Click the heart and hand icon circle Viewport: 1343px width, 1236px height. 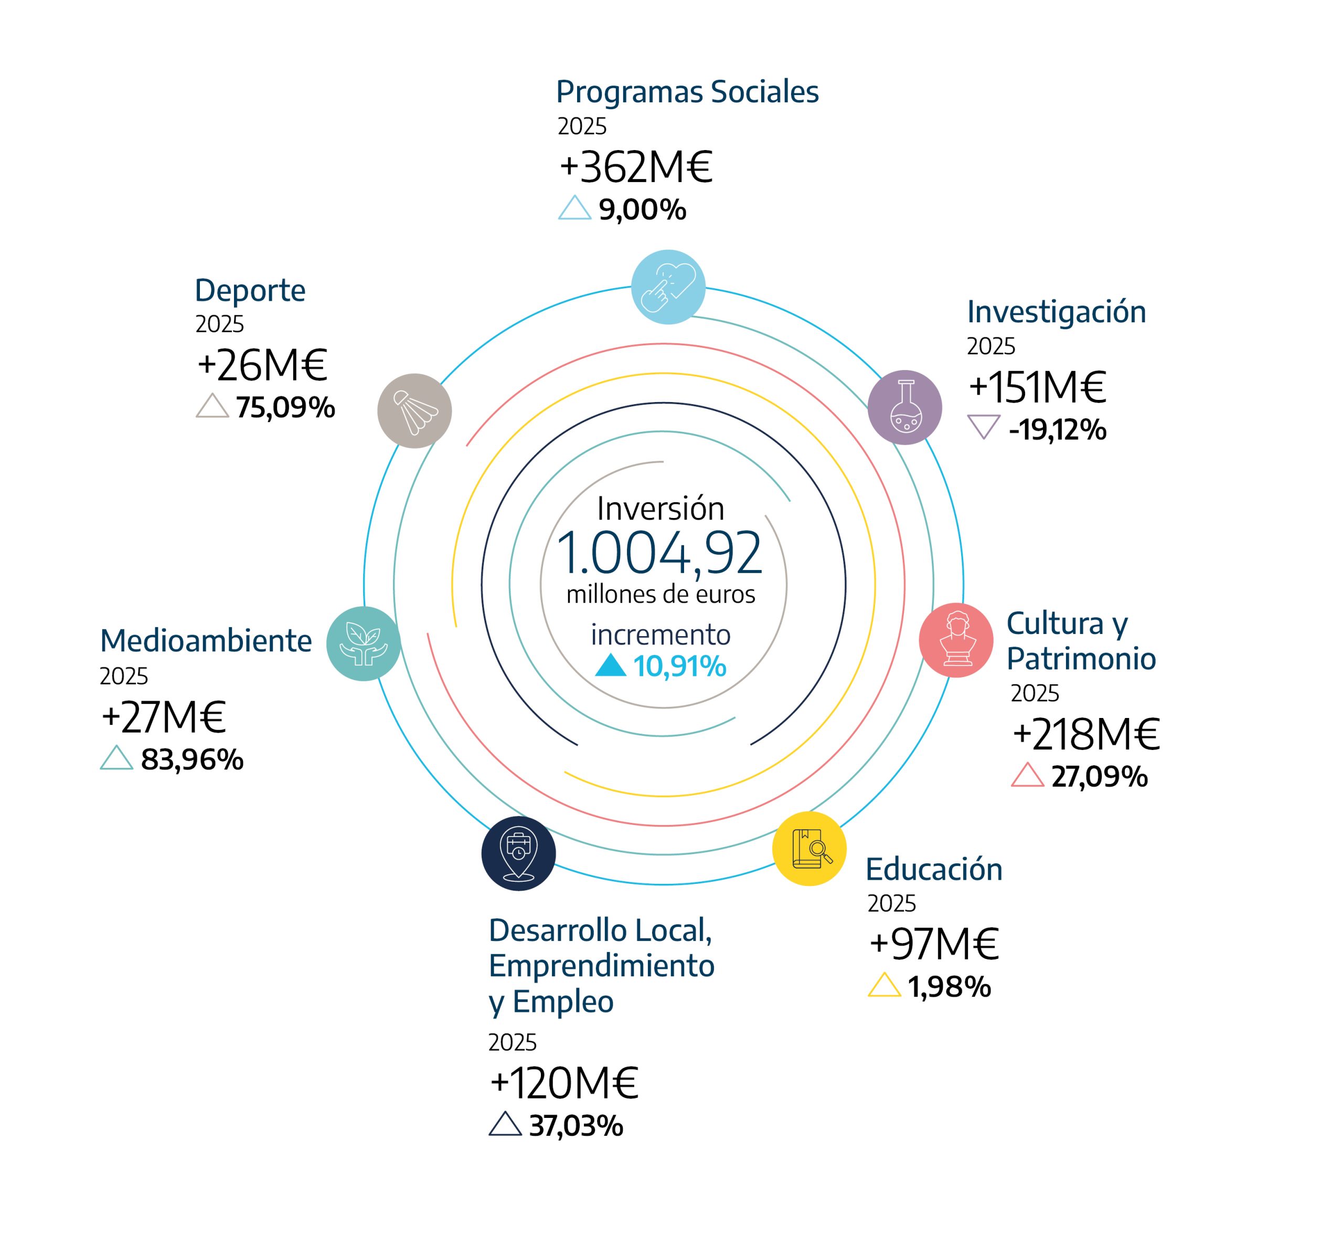pyautogui.click(x=668, y=287)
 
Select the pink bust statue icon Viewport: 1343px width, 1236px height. pyautogui.click(x=956, y=640)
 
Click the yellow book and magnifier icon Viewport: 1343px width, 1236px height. pyautogui.click(x=809, y=849)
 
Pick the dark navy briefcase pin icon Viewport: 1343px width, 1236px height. pyautogui.click(x=519, y=853)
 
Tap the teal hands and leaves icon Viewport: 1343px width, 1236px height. pyautogui.click(x=364, y=643)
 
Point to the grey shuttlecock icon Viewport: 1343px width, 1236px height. pyautogui.click(x=414, y=410)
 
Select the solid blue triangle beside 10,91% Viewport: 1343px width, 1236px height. pyautogui.click(x=610, y=665)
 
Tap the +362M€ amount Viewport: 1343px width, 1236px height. pyautogui.click(x=636, y=167)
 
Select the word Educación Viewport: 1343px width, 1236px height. pyautogui.click(x=934, y=870)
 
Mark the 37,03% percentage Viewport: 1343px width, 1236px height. pyautogui.click(x=575, y=1126)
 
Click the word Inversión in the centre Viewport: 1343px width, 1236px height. pyautogui.click(x=660, y=509)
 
